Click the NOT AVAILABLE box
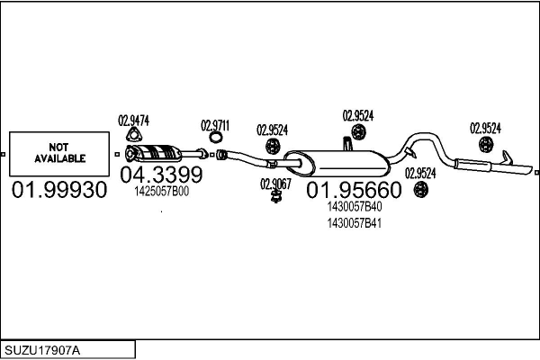pos(59,154)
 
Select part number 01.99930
pos(59,190)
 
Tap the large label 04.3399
pos(161,175)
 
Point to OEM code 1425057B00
pos(161,192)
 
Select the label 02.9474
pos(133,121)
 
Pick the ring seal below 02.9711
pos(216,138)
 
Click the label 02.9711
pos(215,126)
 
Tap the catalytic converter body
pos(157,153)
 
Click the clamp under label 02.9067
pos(275,197)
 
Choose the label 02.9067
pos(275,184)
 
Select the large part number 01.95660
pos(354,190)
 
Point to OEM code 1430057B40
pos(355,207)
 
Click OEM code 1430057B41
pos(355,223)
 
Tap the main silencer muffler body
pos(337,164)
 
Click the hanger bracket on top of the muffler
pos(346,144)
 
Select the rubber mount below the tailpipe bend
pos(420,190)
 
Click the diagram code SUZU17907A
pos(42,351)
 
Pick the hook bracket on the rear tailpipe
pos(508,157)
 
